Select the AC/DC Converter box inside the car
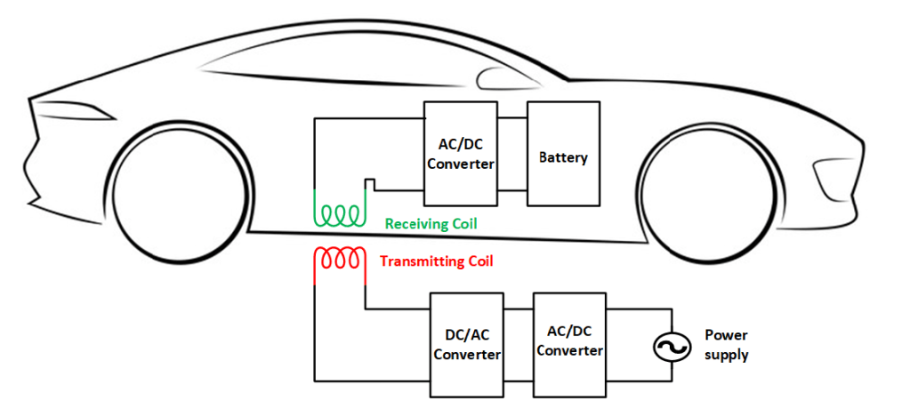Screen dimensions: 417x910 point(460,153)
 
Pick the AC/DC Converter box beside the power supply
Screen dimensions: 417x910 point(569,342)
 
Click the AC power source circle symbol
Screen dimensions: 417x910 point(669,348)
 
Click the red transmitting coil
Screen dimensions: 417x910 point(339,258)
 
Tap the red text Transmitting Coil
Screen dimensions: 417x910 point(436,261)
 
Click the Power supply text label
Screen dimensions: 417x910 point(726,345)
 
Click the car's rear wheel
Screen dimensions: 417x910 point(179,194)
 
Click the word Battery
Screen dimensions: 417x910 point(563,158)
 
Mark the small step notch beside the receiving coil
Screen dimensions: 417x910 point(369,184)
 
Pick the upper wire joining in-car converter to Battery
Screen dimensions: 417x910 point(511,117)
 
